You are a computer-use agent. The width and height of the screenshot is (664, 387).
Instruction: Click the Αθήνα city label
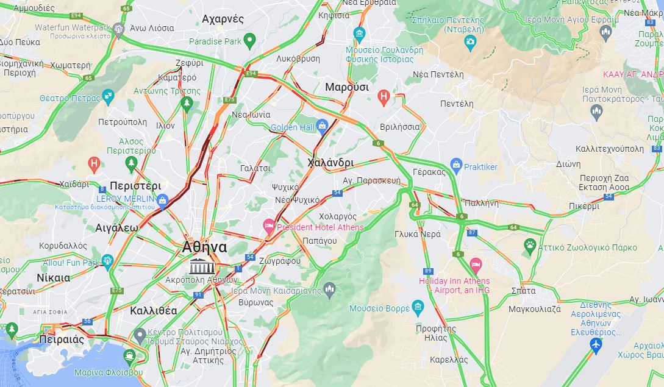204,247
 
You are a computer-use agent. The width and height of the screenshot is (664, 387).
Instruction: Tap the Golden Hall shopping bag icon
323,126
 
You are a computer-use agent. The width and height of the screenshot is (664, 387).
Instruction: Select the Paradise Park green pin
249,41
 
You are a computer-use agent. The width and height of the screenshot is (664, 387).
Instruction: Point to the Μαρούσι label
347,87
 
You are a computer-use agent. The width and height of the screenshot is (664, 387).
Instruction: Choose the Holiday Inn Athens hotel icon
476,265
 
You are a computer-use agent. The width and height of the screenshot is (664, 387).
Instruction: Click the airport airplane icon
596,346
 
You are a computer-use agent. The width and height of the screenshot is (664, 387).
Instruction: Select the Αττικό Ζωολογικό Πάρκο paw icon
530,246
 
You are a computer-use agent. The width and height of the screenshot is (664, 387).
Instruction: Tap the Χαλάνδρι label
330,163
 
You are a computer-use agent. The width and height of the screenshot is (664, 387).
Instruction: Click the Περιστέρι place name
135,186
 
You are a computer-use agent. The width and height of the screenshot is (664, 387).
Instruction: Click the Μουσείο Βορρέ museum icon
417,306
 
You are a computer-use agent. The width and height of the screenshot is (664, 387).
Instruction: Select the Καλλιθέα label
154,310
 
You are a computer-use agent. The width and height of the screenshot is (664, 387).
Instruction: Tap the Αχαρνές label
223,19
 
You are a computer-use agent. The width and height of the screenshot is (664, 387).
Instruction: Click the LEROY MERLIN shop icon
162,199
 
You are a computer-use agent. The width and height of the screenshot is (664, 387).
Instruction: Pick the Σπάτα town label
524,290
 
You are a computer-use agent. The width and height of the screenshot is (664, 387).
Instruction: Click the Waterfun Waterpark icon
118,28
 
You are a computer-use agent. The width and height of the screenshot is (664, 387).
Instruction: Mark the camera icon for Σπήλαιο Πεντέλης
470,42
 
